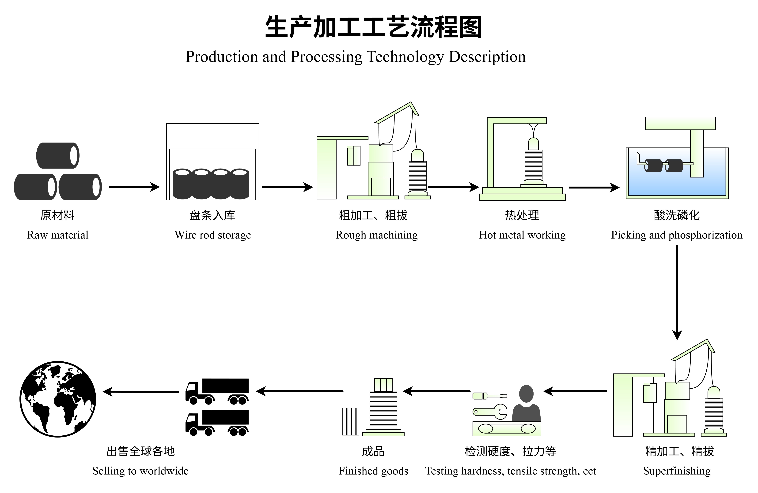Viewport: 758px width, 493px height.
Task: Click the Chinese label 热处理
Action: click(x=522, y=215)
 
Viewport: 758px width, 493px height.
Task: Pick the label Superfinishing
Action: click(x=677, y=471)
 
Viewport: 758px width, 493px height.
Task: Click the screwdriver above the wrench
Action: click(x=489, y=396)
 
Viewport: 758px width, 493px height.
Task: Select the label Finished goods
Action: click(x=373, y=471)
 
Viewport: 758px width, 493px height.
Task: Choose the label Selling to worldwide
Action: click(x=140, y=471)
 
